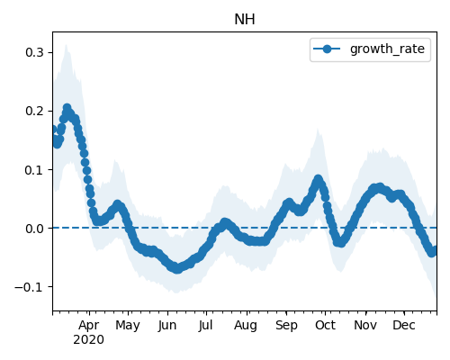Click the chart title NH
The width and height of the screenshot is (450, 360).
[x=245, y=20]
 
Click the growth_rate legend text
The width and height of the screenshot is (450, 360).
[x=387, y=49]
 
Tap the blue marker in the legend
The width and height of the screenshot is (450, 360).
[x=327, y=49]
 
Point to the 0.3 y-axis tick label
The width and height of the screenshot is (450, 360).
[x=34, y=52]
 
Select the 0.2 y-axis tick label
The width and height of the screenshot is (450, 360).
[x=34, y=111]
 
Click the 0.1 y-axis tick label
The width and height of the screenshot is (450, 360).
[x=34, y=170]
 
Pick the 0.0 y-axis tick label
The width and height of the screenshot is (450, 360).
[x=34, y=229]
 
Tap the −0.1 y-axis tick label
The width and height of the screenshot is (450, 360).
[x=29, y=287]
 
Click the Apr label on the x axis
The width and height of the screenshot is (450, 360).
[x=89, y=325]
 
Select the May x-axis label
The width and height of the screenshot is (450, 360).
[x=128, y=325]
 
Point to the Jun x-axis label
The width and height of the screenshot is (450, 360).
[x=167, y=325]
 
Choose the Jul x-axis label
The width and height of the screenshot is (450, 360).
[x=205, y=325]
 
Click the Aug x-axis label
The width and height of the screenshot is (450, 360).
[x=246, y=325]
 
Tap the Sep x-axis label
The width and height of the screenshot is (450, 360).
[x=286, y=325]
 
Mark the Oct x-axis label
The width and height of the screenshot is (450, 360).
[x=325, y=325]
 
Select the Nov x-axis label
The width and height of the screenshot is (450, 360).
[x=365, y=325]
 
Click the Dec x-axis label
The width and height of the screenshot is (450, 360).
[x=404, y=325]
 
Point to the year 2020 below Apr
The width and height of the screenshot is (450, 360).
[x=88, y=340]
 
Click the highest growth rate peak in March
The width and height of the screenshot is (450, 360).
[x=67, y=108]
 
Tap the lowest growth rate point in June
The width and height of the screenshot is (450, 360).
[x=177, y=269]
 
